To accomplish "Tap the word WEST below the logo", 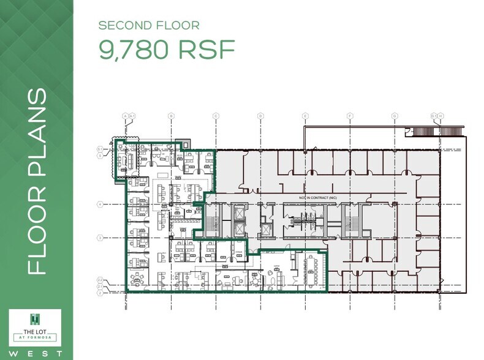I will point(36,353).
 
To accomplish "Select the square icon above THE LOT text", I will point(36,318).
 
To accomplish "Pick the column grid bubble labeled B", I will point(171,115).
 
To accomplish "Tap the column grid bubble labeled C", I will point(216,115).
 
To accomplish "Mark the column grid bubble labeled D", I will point(260,115).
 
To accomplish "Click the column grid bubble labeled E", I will point(305,115).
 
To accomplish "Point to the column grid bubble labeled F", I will point(350,115).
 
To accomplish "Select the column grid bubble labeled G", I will point(395,115).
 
